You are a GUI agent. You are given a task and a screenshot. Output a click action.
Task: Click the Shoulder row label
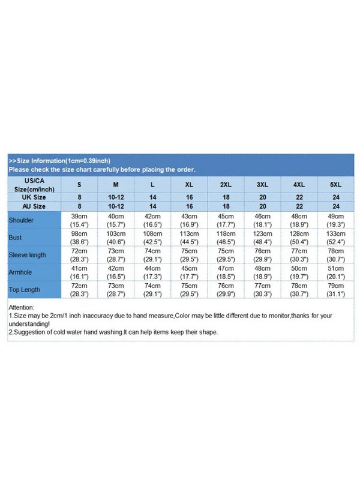21,220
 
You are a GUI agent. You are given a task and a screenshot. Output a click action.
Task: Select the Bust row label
15,238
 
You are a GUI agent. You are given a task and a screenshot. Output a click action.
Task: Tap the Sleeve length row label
27,255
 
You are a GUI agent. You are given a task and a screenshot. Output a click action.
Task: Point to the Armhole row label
20,272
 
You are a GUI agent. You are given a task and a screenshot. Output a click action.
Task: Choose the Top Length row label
24,289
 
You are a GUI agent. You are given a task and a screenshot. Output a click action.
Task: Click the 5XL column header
335,185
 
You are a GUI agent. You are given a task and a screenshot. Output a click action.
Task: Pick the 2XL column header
226,185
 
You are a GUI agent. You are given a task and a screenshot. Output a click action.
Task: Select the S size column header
79,185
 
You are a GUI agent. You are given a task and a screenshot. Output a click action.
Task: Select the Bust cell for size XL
189,238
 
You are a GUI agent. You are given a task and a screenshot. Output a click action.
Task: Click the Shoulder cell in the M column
116,220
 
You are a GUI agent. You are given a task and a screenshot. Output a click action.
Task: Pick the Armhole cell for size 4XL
299,272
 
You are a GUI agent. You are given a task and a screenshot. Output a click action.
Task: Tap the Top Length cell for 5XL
335,289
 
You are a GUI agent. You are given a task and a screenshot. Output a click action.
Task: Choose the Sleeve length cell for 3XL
262,255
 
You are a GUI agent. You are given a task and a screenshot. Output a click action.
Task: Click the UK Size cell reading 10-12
116,197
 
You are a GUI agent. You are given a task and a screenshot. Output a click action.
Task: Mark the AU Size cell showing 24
335,206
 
